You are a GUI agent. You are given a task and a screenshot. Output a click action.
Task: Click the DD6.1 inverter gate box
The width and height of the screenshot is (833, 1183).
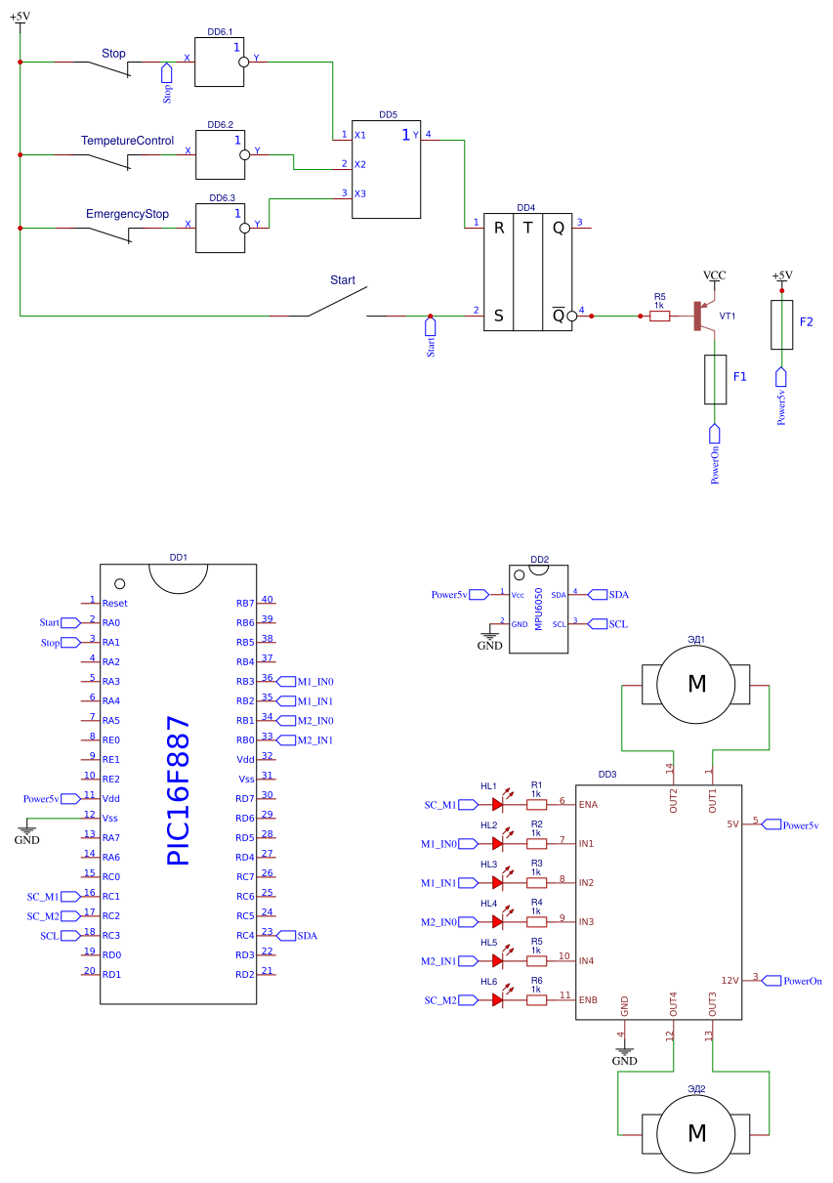pos(219,62)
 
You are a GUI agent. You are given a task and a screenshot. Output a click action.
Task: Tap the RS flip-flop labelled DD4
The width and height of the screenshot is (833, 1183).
pos(528,272)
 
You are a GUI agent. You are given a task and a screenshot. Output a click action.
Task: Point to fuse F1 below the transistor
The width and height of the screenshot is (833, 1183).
pos(715,380)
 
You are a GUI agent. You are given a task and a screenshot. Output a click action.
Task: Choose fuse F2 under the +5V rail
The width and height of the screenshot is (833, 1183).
pos(781,324)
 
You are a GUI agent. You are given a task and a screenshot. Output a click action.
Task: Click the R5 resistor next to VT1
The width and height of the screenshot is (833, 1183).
pos(659,316)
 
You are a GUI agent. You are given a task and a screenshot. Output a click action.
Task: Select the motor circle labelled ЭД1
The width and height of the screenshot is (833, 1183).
pos(696,684)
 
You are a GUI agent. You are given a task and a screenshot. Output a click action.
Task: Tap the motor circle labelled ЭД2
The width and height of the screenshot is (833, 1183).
pos(696,1132)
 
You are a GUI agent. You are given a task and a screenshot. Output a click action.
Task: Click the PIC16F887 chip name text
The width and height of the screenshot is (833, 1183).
pos(179,790)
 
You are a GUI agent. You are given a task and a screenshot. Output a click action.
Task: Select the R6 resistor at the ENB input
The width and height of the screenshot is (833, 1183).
pos(536,1000)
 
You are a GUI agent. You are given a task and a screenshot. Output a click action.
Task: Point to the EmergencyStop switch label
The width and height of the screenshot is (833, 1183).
pos(127,213)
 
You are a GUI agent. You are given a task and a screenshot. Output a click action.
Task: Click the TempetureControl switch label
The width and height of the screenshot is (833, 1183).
pos(127,141)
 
